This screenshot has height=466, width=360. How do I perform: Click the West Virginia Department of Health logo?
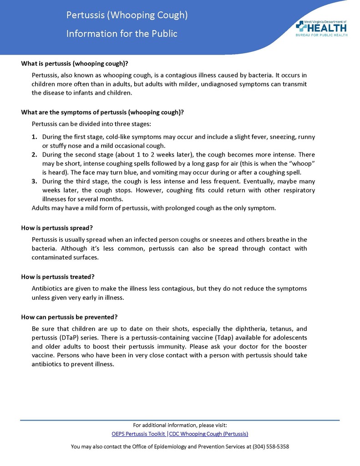click(x=321, y=28)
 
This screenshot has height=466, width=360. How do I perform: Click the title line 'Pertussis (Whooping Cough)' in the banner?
click(x=127, y=15)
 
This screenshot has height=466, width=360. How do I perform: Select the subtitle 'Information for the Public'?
click(x=122, y=34)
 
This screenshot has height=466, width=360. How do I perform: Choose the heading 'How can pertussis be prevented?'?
click(x=70, y=317)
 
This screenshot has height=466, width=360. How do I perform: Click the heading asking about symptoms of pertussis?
click(x=102, y=112)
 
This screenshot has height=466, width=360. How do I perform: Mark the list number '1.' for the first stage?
click(x=35, y=137)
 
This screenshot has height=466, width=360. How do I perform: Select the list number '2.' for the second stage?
click(x=35, y=155)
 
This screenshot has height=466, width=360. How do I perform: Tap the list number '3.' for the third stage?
click(x=35, y=182)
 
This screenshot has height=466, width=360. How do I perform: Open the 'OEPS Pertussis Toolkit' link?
click(x=138, y=434)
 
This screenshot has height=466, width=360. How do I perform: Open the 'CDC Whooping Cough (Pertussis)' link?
click(x=208, y=434)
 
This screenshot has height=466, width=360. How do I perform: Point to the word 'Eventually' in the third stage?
click(x=259, y=182)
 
